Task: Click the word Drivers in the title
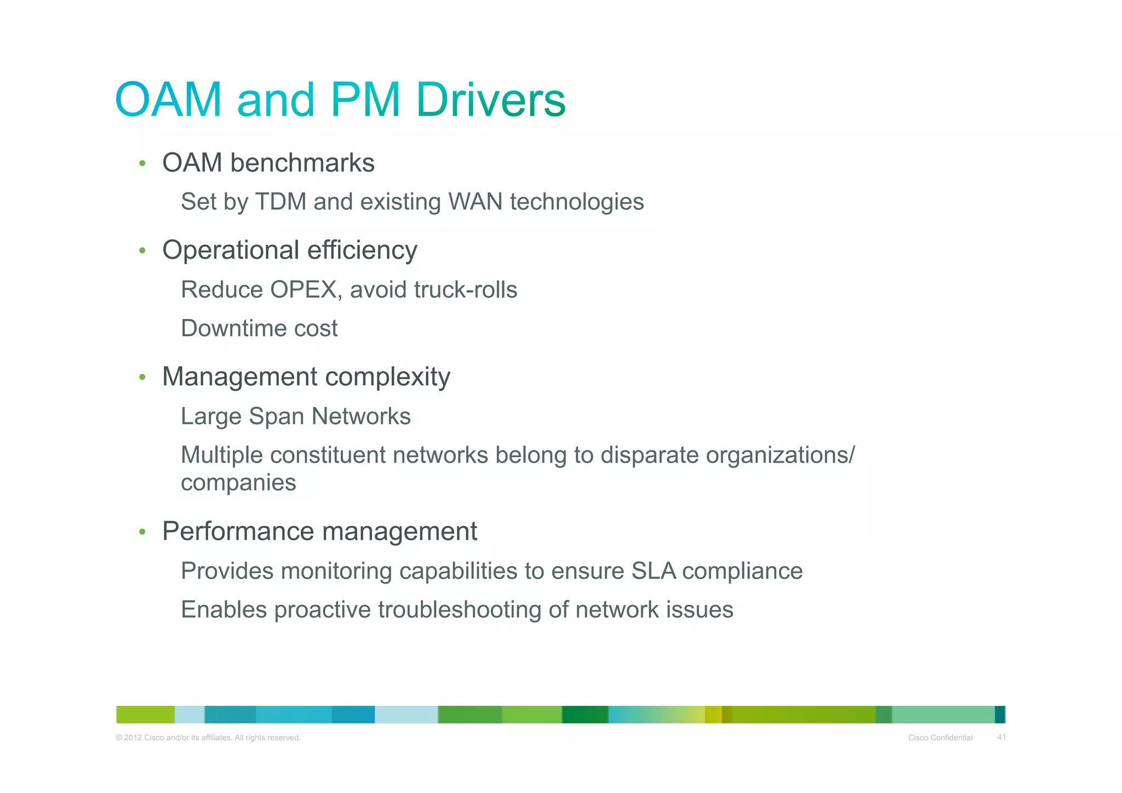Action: coord(490,100)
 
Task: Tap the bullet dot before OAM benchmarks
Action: coord(142,163)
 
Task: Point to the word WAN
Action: coord(475,202)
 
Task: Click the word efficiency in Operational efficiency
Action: coord(362,250)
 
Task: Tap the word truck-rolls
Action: coord(465,290)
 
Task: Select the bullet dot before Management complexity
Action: coord(142,377)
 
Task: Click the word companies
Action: coord(238,483)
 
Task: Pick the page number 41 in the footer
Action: coord(1001,737)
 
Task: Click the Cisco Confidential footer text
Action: coord(940,738)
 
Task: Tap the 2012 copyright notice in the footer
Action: coord(208,738)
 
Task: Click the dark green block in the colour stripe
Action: coord(585,715)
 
